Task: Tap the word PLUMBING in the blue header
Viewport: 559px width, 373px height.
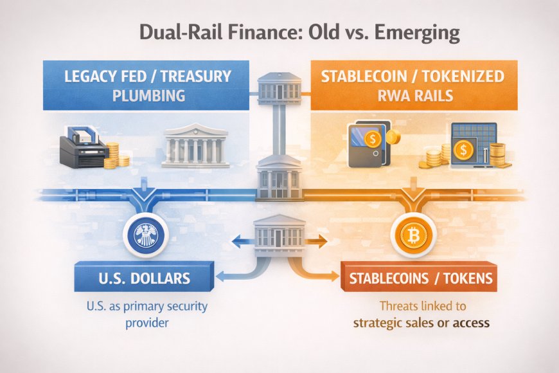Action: [148, 95]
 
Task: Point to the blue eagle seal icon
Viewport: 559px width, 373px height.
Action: [146, 235]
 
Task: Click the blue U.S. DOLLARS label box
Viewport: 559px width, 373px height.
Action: [144, 277]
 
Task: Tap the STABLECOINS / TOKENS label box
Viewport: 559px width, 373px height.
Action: [419, 277]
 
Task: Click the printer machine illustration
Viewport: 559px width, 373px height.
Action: [84, 147]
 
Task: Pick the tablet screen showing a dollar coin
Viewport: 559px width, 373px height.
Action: [473, 145]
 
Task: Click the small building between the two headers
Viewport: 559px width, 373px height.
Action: [279, 87]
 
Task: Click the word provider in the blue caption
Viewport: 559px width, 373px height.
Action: [147, 323]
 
